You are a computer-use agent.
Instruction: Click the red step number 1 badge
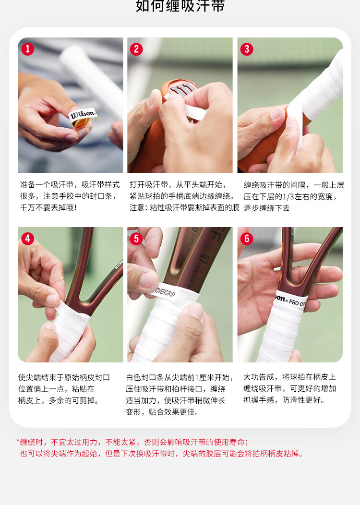click(28, 49)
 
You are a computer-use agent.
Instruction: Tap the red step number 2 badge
click(136, 49)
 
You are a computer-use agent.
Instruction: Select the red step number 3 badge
click(247, 49)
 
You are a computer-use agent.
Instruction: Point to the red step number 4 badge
click(28, 239)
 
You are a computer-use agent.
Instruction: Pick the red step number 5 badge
click(136, 239)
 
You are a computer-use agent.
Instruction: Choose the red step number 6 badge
click(247, 239)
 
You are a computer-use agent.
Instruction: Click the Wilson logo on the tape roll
click(83, 114)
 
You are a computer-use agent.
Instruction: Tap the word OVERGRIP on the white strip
click(166, 292)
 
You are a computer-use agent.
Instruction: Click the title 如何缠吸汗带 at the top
click(180, 6)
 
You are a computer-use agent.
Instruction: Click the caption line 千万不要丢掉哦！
click(48, 207)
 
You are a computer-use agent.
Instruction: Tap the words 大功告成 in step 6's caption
click(258, 377)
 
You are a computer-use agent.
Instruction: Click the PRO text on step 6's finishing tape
click(294, 302)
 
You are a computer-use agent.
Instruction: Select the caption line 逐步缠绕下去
click(266, 208)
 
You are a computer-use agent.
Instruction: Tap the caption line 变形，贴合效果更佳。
click(162, 412)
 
